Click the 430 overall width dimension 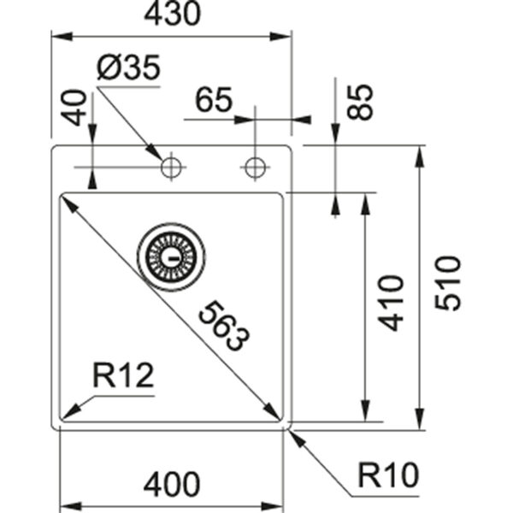pyautogui.click(x=172, y=14)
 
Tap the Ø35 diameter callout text pyautogui.click(x=129, y=68)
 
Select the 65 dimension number pyautogui.click(x=214, y=99)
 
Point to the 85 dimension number pyautogui.click(x=360, y=102)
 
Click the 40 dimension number pyautogui.click(x=74, y=108)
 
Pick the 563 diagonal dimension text pyautogui.click(x=224, y=327)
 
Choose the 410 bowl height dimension pyautogui.click(x=391, y=304)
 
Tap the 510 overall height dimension pyautogui.click(x=447, y=283)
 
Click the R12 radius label pyautogui.click(x=123, y=375)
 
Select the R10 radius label pyautogui.click(x=388, y=475)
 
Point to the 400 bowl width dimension pyautogui.click(x=172, y=484)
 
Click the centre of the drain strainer pyautogui.click(x=172, y=257)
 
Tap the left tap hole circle pyautogui.click(x=171, y=168)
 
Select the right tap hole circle pyautogui.click(x=255, y=168)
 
